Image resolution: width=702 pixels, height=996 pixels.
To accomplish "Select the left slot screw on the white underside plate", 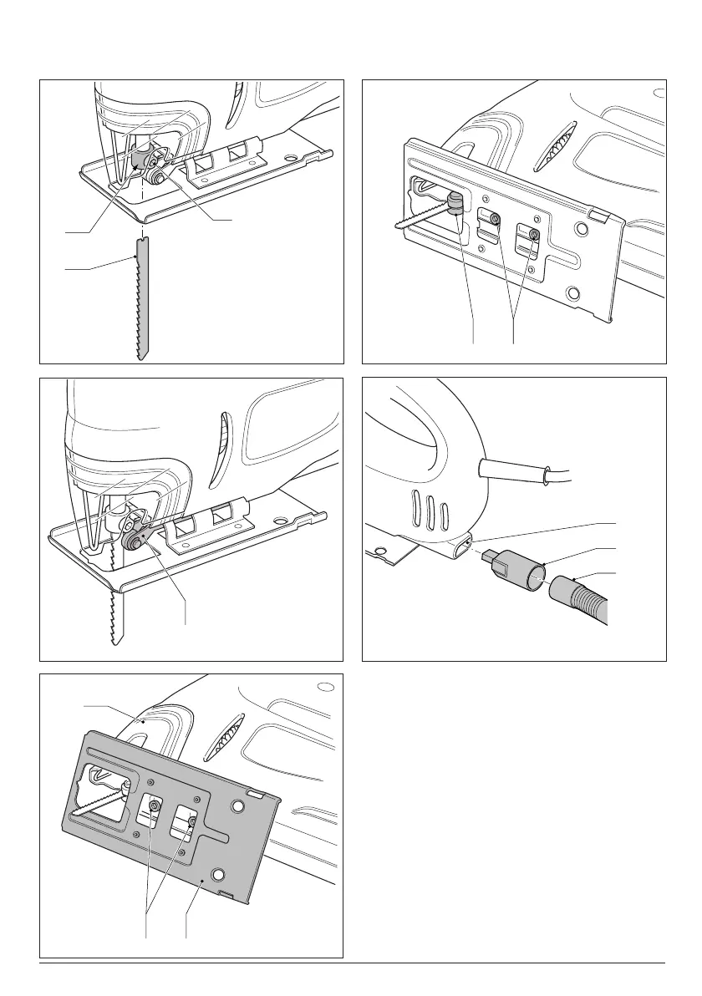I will (x=496, y=219).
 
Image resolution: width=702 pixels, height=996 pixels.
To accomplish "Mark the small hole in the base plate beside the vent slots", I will (x=379, y=551).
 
